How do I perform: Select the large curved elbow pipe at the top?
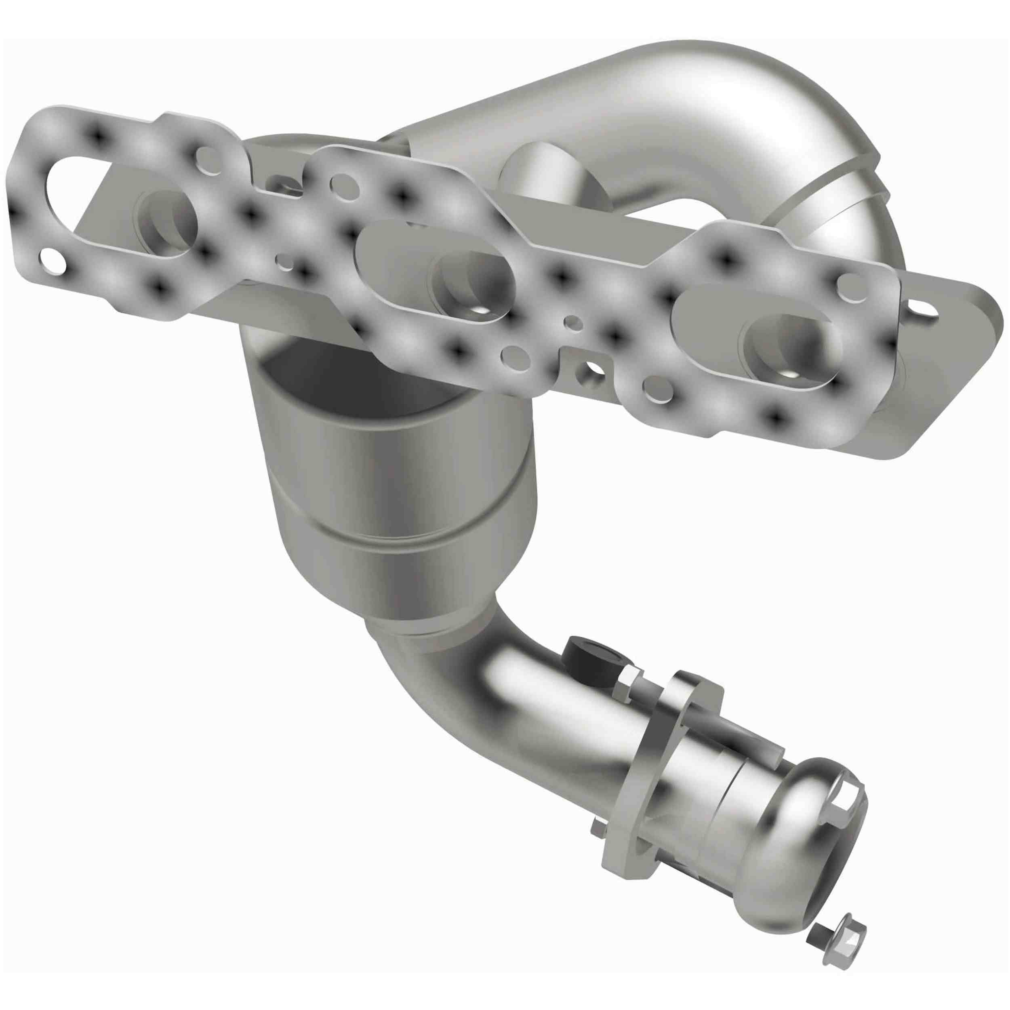click(x=706, y=120)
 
